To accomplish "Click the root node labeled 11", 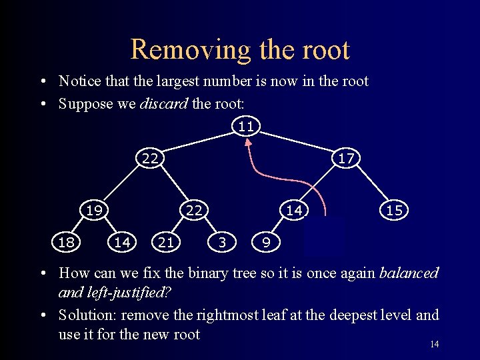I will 245,125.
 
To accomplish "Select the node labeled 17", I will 345,158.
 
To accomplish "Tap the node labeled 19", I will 94,210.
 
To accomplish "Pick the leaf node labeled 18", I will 66,242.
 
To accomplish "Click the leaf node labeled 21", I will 166,242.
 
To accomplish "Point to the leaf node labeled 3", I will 222,242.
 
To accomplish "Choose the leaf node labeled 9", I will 266,242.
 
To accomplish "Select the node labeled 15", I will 394,210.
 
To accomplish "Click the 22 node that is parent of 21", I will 194,210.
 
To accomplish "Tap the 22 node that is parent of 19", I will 150,158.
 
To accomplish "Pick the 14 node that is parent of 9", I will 294,210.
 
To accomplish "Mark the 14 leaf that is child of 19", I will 122,242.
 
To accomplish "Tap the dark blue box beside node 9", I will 323,237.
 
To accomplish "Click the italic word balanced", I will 409,273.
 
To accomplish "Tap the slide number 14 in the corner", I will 434,344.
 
